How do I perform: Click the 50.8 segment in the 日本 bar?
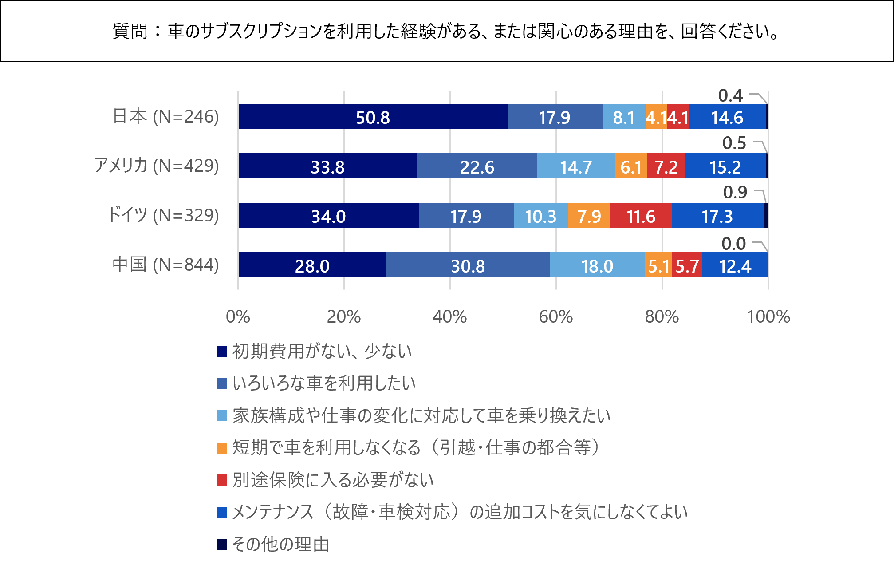pyautogui.click(x=373, y=117)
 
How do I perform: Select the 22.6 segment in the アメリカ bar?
pyautogui.click(x=477, y=166)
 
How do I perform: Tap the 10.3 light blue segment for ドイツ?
pyautogui.click(x=541, y=216)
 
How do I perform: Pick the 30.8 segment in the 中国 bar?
pyautogui.click(x=468, y=265)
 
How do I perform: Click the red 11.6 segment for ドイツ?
pyautogui.click(x=641, y=216)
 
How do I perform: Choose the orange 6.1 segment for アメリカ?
pyautogui.click(x=631, y=166)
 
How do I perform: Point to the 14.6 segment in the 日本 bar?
pyautogui.click(x=727, y=117)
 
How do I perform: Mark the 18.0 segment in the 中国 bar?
pyautogui.click(x=597, y=265)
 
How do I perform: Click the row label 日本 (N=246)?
pyautogui.click(x=165, y=117)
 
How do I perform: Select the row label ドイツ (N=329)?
pyautogui.click(x=163, y=215)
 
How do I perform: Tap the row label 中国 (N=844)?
pyautogui.click(x=165, y=265)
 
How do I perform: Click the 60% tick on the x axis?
pyautogui.click(x=556, y=317)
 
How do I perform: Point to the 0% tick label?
pyautogui.click(x=238, y=317)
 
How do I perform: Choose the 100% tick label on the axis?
pyautogui.click(x=768, y=317)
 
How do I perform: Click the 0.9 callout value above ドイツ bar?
pyautogui.click(x=735, y=192)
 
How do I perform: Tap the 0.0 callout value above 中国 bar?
pyautogui.click(x=733, y=244)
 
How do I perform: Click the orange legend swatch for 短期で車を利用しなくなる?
pyautogui.click(x=222, y=448)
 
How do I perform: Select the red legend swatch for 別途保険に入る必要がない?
pyautogui.click(x=222, y=480)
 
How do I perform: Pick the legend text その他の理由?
pyautogui.click(x=281, y=544)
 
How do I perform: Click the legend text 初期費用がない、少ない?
pyautogui.click(x=322, y=351)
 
